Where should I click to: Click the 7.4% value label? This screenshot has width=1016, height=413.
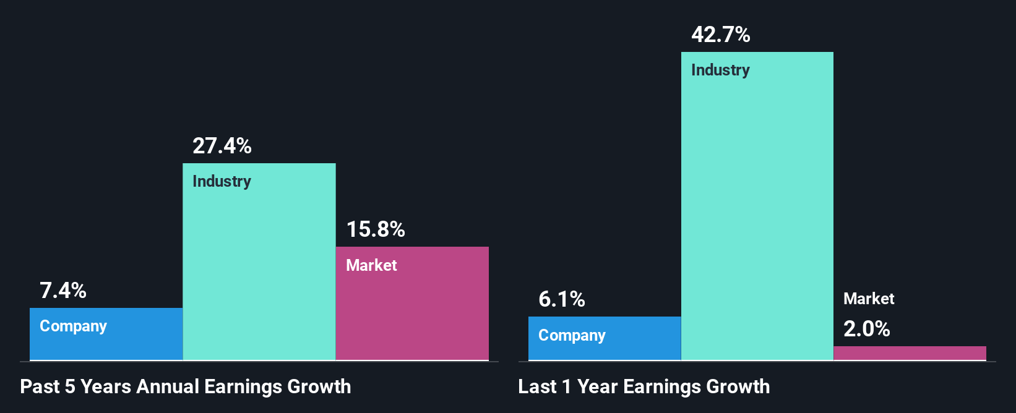coord(63,291)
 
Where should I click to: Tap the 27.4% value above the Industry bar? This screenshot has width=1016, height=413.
coord(222,146)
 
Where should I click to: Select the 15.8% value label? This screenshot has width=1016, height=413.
coord(375,229)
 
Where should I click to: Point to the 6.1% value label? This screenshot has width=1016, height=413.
coord(562,299)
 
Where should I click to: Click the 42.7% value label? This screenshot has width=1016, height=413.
coord(720,35)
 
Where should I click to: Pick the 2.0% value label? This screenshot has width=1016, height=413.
coord(866,329)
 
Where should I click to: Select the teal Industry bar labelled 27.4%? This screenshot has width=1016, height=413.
coord(259,272)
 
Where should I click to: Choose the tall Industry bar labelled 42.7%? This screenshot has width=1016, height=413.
coord(757,216)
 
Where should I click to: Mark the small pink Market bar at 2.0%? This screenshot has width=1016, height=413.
coord(910,353)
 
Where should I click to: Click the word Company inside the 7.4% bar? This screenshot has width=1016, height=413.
coord(73,326)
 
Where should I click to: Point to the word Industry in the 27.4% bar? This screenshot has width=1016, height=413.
coord(222,181)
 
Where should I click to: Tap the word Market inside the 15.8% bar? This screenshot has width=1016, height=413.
coord(371,265)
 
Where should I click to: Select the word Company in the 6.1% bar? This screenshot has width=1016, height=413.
coord(572,335)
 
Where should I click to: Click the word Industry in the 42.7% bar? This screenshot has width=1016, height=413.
coord(720,70)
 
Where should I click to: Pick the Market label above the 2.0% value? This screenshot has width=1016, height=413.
coord(869,299)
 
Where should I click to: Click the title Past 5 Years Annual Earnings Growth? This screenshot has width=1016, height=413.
coord(185,386)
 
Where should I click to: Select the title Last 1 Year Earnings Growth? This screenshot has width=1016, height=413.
coord(644,386)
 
